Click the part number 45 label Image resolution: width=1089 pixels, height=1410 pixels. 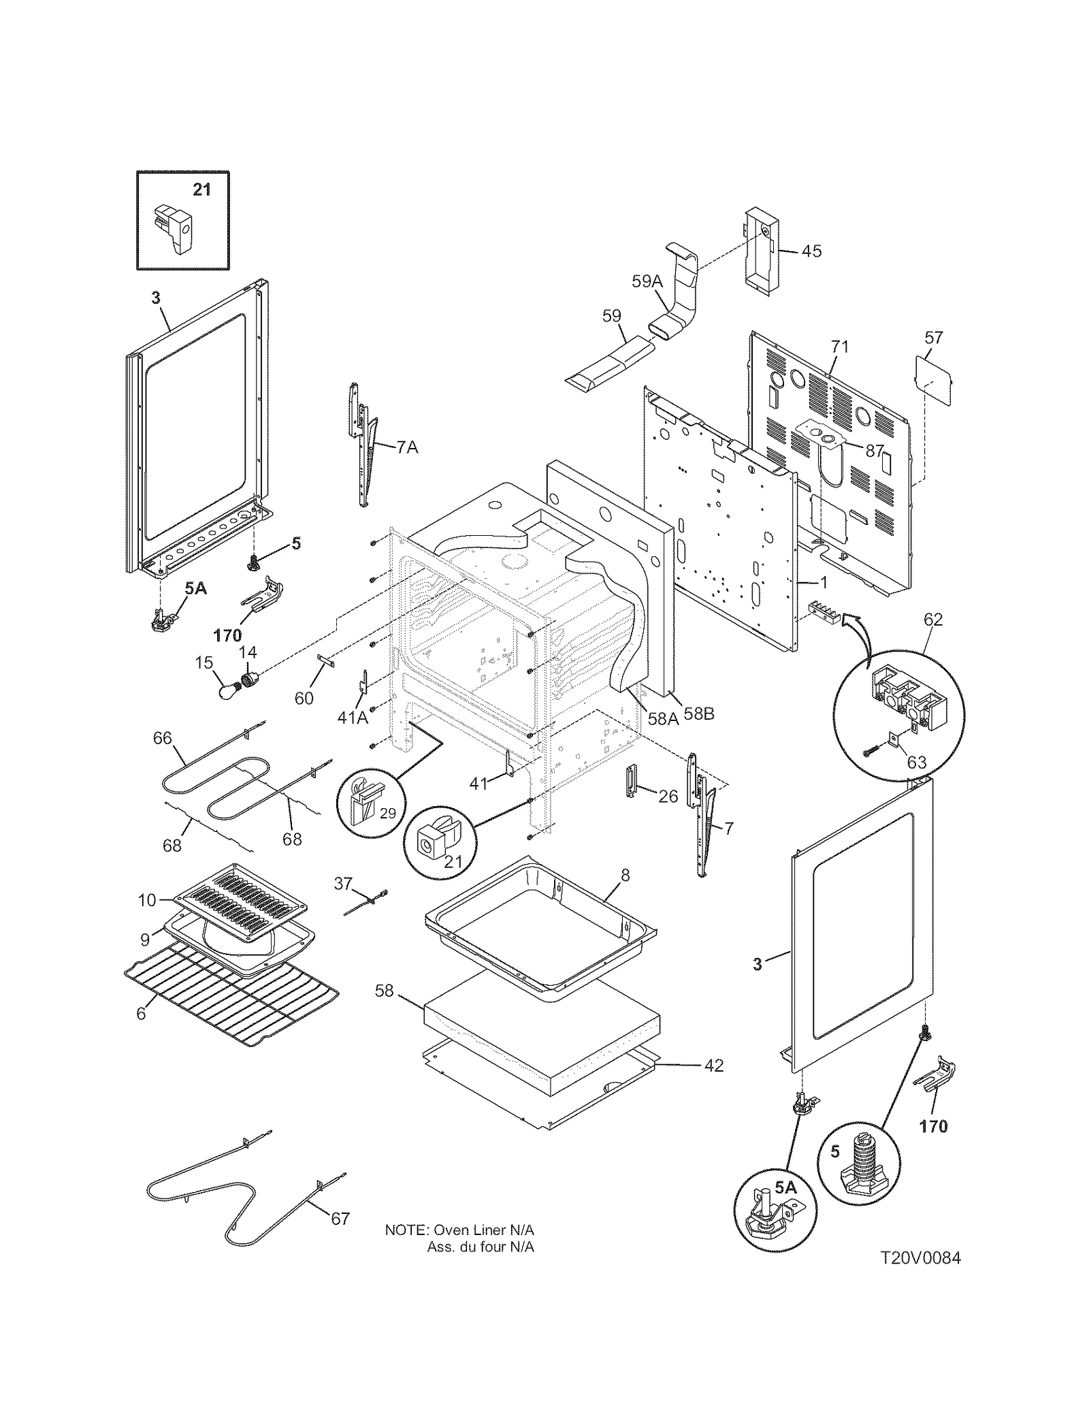click(x=811, y=251)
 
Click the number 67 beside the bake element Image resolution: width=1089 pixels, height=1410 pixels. click(x=340, y=1218)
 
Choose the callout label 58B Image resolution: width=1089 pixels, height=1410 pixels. click(x=699, y=715)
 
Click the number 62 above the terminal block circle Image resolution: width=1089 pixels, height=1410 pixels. click(x=933, y=620)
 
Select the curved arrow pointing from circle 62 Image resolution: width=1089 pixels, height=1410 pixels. click(x=861, y=633)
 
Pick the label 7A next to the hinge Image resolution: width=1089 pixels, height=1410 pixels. click(x=407, y=447)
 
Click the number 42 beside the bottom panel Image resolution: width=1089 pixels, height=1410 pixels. click(x=713, y=1065)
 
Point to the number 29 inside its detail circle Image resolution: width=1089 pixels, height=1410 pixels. click(x=387, y=813)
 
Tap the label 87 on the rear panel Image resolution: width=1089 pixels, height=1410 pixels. click(x=875, y=451)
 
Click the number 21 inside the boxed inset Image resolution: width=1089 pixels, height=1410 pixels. click(x=202, y=189)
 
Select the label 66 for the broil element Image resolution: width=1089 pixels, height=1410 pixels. click(x=162, y=738)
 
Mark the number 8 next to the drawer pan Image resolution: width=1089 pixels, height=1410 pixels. click(x=625, y=876)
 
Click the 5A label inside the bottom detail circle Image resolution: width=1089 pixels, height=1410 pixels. click(x=785, y=1187)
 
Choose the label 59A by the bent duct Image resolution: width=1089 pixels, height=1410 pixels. click(x=647, y=281)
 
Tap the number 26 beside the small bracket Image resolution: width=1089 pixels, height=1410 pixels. click(x=668, y=796)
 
